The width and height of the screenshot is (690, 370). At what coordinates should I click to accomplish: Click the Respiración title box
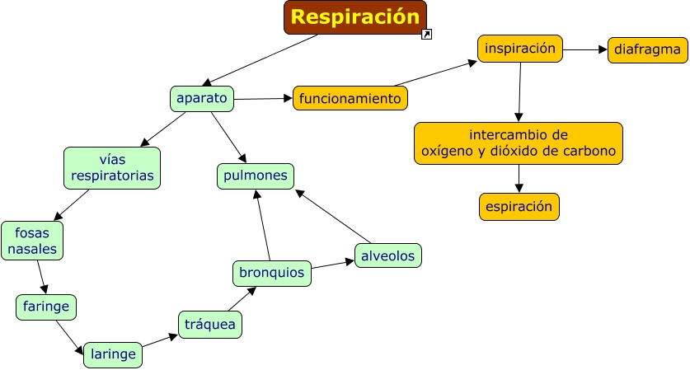pyautogui.click(x=355, y=17)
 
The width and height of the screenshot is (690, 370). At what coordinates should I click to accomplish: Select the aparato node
pyautogui.click(x=202, y=99)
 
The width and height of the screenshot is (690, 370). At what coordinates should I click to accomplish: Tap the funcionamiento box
pyautogui.click(x=350, y=98)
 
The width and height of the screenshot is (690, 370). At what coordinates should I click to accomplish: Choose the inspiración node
pyautogui.click(x=520, y=49)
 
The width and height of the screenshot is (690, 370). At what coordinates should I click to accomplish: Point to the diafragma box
pyautogui.click(x=648, y=50)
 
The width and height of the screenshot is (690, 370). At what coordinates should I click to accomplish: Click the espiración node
pyautogui.click(x=519, y=207)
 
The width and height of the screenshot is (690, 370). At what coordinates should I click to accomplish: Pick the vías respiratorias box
pyautogui.click(x=112, y=168)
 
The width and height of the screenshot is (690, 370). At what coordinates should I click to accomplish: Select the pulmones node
pyautogui.click(x=256, y=176)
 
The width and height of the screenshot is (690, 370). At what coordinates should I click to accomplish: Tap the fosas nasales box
pyautogui.click(x=32, y=241)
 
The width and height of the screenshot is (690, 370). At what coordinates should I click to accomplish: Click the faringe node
pyautogui.click(x=46, y=307)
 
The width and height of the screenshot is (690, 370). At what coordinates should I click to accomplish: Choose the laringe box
pyautogui.click(x=113, y=354)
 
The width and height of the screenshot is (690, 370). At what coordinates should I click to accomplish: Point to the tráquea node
pyautogui.click(x=210, y=325)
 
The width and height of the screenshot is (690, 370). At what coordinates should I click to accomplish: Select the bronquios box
pyautogui.click(x=272, y=274)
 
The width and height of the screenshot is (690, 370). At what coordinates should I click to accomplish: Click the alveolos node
pyautogui.click(x=388, y=255)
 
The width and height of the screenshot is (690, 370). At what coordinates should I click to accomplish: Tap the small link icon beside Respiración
pyautogui.click(x=426, y=35)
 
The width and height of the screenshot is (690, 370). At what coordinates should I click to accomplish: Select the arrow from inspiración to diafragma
pyautogui.click(x=585, y=49)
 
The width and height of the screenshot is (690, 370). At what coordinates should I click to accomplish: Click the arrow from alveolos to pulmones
pyautogui.click(x=333, y=217)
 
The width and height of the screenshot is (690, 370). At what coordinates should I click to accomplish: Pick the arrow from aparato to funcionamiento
pyautogui.click(x=263, y=99)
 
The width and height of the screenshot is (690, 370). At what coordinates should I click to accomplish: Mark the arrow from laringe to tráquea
pyautogui.click(x=160, y=341)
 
